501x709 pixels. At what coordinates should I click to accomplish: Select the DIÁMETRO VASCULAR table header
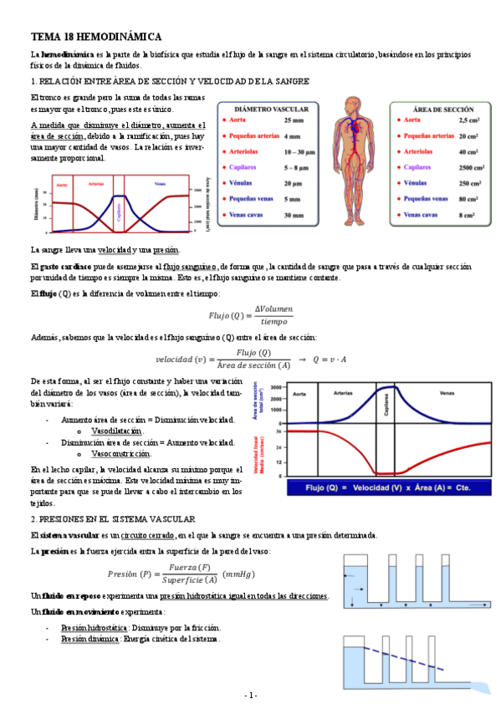click(x=271, y=110)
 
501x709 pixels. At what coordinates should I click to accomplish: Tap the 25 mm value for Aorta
click(x=293, y=120)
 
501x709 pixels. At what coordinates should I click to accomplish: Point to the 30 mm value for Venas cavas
click(x=293, y=215)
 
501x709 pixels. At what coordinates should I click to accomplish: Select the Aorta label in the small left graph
click(x=62, y=184)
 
